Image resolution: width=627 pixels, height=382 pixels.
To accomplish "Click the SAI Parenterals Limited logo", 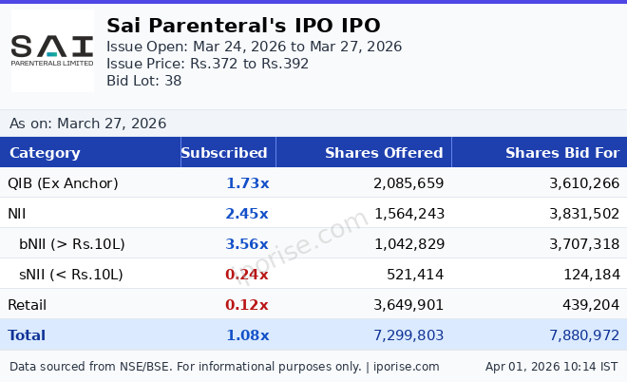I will point(52,50).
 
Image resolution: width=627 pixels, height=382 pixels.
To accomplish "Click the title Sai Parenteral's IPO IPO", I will point(243,26).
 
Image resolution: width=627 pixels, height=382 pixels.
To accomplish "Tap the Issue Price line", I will point(207,64).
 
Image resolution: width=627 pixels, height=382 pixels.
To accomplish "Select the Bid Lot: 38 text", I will point(143,81).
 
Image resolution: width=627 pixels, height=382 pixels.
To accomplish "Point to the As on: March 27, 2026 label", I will point(87,124).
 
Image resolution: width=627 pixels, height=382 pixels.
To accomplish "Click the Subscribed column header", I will point(224,153).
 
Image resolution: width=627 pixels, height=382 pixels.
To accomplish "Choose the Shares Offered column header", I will point(384,153).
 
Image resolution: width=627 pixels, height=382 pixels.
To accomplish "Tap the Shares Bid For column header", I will point(561,153).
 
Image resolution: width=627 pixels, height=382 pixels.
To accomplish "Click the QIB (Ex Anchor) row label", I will point(63,183).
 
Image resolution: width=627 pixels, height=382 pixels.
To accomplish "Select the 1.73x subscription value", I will point(247,183).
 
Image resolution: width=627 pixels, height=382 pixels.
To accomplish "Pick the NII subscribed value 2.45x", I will point(247,214).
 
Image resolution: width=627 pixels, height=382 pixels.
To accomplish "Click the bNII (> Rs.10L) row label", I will point(72,244).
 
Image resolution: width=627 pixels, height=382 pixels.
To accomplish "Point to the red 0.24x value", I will point(247,275).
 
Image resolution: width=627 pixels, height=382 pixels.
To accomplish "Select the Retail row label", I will point(27,305).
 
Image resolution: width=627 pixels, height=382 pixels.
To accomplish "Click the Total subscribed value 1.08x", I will point(247,335).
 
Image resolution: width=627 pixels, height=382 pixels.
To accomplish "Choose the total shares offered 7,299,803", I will point(408,335).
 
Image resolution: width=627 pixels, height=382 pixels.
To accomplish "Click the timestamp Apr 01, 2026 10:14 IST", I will point(551,366).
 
